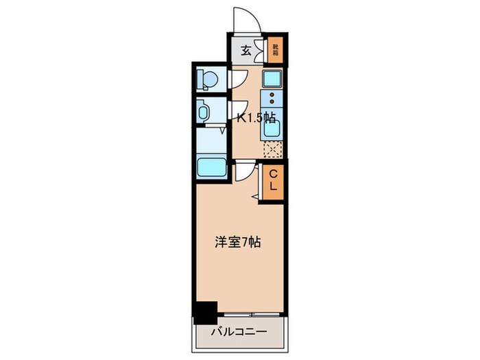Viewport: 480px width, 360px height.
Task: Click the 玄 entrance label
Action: click(x=245, y=49)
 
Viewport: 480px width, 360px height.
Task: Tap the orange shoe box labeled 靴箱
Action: click(x=276, y=49)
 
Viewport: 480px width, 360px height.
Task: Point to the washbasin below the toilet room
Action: click(x=205, y=110)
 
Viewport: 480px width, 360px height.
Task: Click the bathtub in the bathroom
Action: click(x=212, y=167)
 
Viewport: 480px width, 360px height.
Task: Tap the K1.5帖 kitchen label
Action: click(x=256, y=118)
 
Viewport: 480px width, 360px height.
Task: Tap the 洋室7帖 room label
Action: click(x=238, y=241)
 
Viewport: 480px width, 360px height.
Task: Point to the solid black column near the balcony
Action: click(x=205, y=312)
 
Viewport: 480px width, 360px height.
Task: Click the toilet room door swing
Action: click(x=236, y=80)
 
